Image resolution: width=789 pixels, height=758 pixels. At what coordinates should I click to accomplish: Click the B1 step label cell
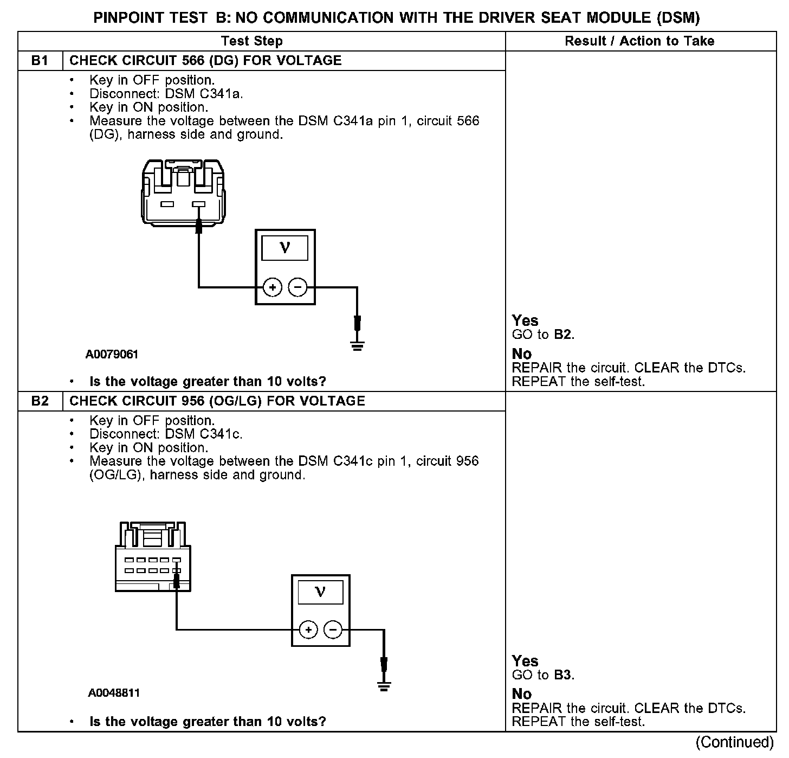[x=40, y=61]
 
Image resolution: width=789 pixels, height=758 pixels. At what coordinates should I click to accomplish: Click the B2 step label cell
[x=40, y=401]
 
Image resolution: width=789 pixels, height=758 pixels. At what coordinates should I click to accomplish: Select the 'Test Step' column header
[x=252, y=41]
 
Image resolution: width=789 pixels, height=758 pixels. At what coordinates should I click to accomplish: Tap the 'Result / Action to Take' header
[x=639, y=41]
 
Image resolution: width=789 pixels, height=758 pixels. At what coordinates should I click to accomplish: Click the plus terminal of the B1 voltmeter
[x=273, y=287]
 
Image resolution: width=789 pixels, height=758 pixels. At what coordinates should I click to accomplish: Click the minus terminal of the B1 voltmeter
[x=297, y=287]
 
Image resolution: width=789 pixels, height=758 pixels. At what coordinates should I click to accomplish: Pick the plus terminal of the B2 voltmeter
[x=308, y=629]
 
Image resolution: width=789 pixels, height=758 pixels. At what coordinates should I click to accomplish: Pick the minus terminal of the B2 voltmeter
[x=333, y=629]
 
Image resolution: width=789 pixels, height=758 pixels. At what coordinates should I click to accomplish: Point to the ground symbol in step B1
[x=357, y=345]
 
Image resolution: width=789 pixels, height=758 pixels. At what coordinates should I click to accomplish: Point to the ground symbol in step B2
[x=384, y=687]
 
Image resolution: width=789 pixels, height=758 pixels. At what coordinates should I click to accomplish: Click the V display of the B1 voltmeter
[x=285, y=248]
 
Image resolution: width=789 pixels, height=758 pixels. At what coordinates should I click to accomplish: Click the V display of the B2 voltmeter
[x=320, y=592]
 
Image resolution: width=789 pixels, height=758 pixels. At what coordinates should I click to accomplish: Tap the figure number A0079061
[x=112, y=355]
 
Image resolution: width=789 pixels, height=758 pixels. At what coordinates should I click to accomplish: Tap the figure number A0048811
[x=114, y=693]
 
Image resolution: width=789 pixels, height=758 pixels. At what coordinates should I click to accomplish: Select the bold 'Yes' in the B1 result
[x=525, y=320]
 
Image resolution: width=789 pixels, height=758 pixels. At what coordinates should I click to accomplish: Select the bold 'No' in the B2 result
[x=522, y=694]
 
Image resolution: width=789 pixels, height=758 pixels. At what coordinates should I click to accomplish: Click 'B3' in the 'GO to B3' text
[x=563, y=675]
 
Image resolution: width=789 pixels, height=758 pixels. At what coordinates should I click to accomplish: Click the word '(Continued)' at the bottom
[x=734, y=742]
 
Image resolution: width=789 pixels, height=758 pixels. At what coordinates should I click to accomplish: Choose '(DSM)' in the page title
[x=677, y=17]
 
